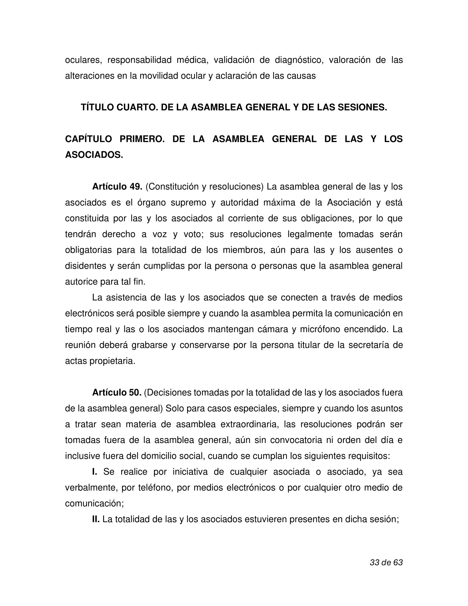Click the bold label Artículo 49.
[x=117, y=187]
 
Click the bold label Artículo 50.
[x=117, y=393]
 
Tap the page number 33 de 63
[x=386, y=562]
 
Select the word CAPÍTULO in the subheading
[x=89, y=139]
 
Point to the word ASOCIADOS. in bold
[x=94, y=155]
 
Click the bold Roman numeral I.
[x=94, y=472]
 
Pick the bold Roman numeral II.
[x=96, y=519]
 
